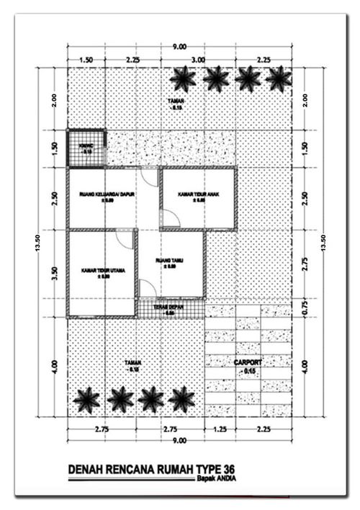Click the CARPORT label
251,362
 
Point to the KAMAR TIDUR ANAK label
197,194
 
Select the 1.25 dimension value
220,429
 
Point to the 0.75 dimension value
305,308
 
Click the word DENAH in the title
86,470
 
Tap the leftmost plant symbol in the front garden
87,398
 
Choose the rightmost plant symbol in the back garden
279,79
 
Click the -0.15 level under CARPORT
251,371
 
